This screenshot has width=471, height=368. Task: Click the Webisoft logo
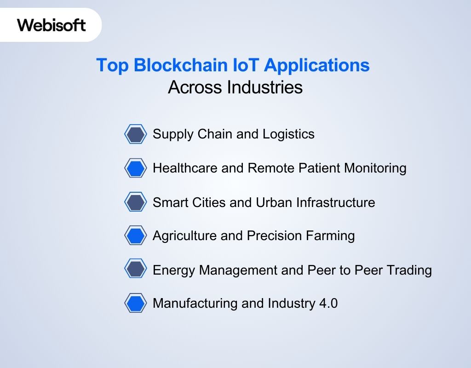(51, 25)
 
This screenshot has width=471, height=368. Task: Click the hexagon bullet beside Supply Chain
(136, 134)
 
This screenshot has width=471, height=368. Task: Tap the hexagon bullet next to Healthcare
(136, 168)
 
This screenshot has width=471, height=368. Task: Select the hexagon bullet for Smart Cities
(136, 202)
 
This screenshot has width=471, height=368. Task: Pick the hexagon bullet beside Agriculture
(136, 236)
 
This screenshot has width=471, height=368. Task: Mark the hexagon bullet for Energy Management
(136, 270)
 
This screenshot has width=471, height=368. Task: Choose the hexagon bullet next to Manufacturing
(136, 304)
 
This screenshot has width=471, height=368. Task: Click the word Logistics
(288, 134)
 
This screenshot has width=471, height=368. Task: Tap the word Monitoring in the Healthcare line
(372, 168)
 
